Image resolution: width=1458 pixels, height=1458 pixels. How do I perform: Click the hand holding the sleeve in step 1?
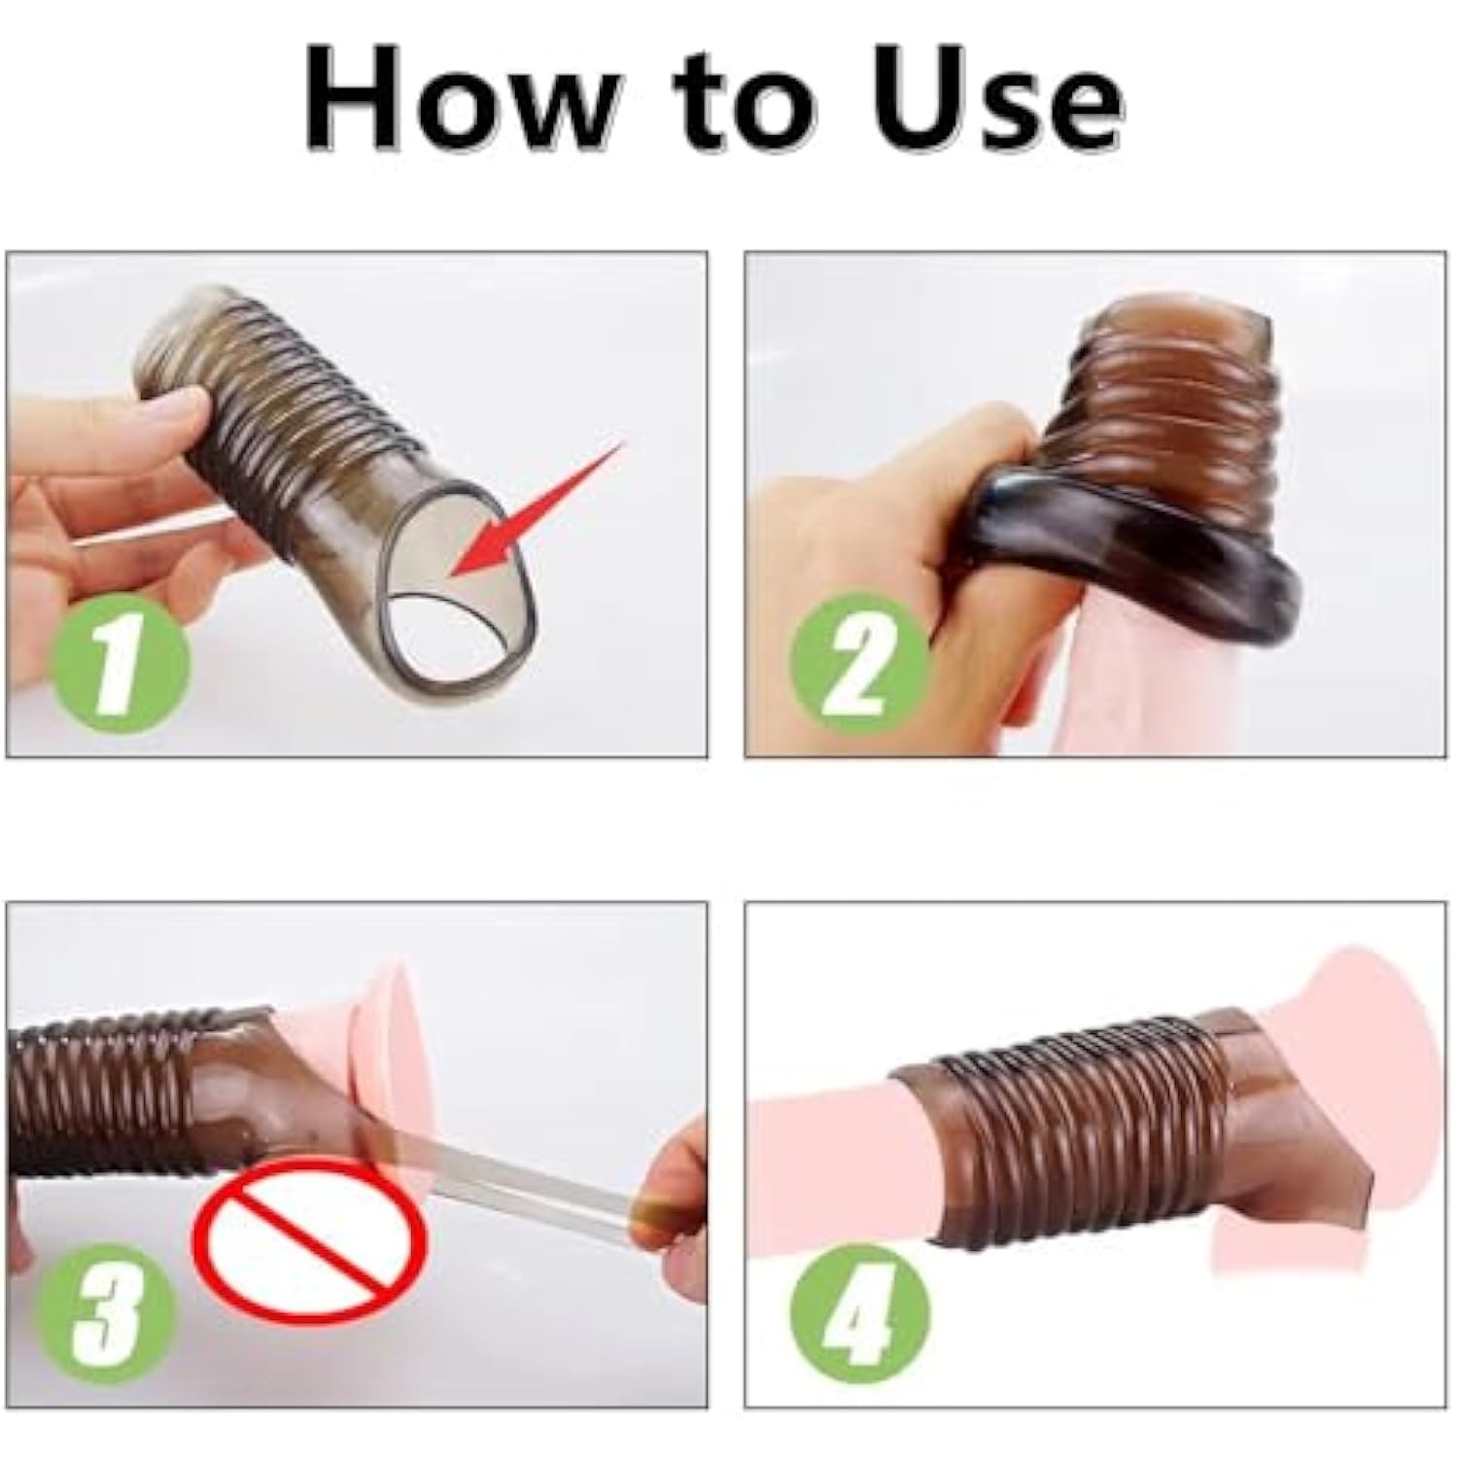[x=107, y=467]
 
